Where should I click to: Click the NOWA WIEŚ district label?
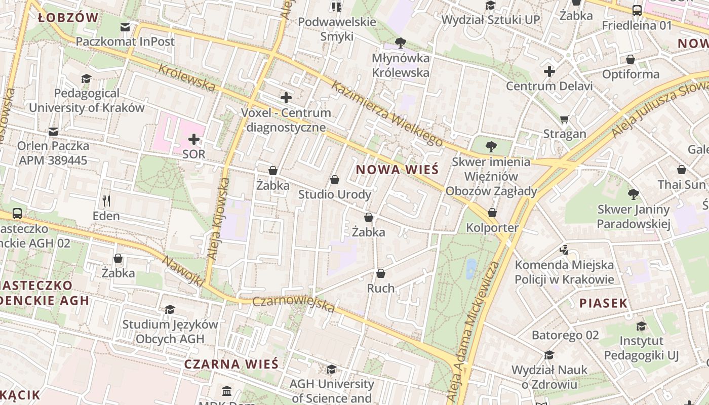point(397,170)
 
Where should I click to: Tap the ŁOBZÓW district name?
point(68,18)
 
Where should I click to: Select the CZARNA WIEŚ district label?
point(231,364)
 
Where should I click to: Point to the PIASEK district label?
point(603,303)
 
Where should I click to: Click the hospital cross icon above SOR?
point(193,139)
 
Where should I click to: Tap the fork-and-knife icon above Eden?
point(106,201)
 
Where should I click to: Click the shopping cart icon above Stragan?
point(565,119)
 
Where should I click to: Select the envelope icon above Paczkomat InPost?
point(125,27)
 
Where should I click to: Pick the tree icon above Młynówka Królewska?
point(400,43)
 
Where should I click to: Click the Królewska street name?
point(187,78)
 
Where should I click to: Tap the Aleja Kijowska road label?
point(219,219)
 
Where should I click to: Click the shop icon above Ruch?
point(381,273)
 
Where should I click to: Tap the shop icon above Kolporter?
point(492,213)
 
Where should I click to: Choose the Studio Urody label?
point(334,194)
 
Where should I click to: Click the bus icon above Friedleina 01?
point(637,10)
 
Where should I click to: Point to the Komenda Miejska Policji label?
point(564,272)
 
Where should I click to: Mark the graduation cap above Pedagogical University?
point(86,78)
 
